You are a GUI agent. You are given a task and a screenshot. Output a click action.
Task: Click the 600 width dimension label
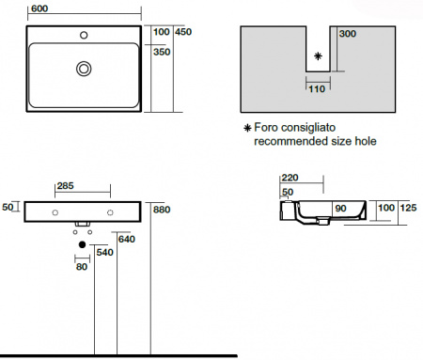pos(39,8)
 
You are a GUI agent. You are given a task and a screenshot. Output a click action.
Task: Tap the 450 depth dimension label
pos(183,32)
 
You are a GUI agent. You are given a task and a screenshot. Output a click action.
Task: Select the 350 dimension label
pos(162,52)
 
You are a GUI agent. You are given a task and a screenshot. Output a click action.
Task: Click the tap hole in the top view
pos(84,35)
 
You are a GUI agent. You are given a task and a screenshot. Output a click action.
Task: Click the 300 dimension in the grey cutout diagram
pos(348,34)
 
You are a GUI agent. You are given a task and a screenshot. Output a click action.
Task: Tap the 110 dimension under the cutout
pos(317,89)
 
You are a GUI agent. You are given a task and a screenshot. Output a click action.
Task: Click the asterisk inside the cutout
pos(318,56)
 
